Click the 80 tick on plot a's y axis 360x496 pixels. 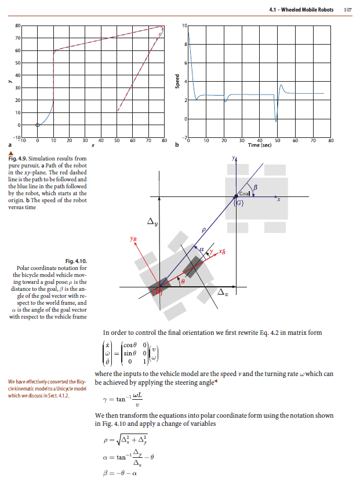(17, 25)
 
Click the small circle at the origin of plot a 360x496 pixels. (38, 125)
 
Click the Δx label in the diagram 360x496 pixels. (222, 294)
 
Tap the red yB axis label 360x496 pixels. (133, 238)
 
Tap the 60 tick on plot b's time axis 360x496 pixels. (295, 140)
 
